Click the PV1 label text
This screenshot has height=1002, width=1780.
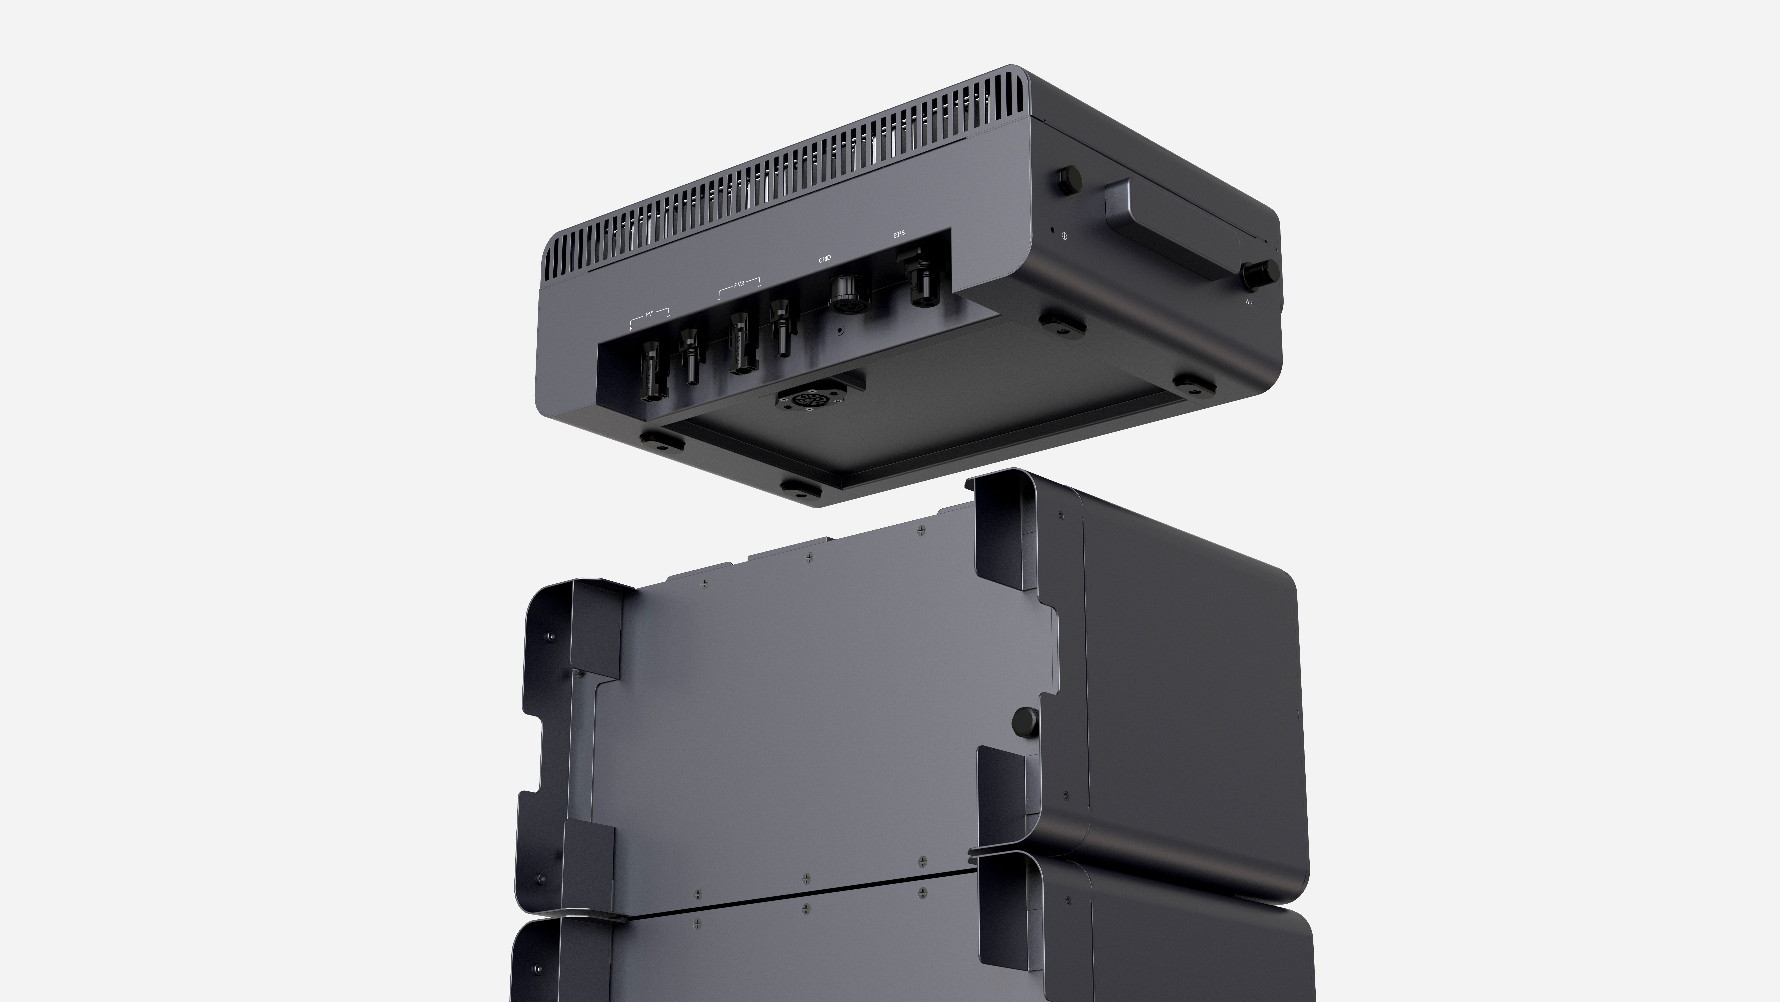649,314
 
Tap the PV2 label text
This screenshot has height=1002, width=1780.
739,284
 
